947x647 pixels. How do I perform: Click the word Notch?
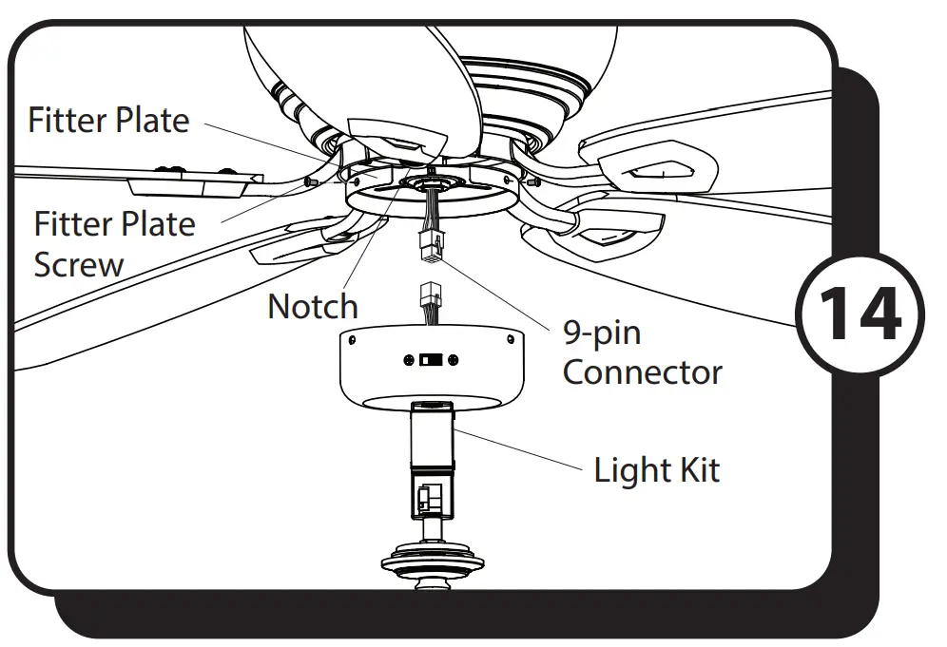coord(313,307)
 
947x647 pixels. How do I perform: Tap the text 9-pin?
coord(601,333)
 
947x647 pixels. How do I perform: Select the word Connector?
coord(642,371)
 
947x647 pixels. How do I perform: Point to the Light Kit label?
coord(656,470)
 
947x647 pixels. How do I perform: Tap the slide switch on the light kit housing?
coord(431,361)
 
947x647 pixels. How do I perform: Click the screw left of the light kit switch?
coord(409,360)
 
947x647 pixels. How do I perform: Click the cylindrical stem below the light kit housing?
coord(431,436)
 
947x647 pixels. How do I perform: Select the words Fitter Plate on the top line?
coord(108,121)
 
